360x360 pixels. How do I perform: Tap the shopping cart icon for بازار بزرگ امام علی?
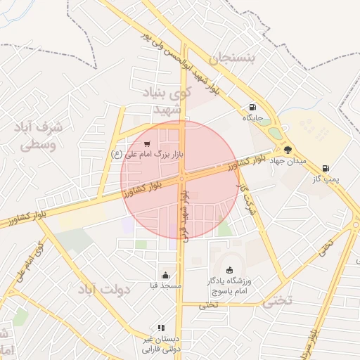click(146, 144)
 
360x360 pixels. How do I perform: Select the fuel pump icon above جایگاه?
click(252, 108)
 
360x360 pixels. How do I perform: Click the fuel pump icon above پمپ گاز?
click(326, 168)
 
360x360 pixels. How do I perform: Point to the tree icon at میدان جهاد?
click(287, 149)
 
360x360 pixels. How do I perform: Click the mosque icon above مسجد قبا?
click(165, 276)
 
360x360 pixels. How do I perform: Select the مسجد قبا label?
click(165, 286)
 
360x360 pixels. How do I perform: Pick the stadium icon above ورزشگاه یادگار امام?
click(229, 270)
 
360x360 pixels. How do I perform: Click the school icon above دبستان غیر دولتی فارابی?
click(161, 328)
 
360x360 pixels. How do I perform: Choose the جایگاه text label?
click(252, 118)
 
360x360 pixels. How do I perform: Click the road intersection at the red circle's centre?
click(181, 179)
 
